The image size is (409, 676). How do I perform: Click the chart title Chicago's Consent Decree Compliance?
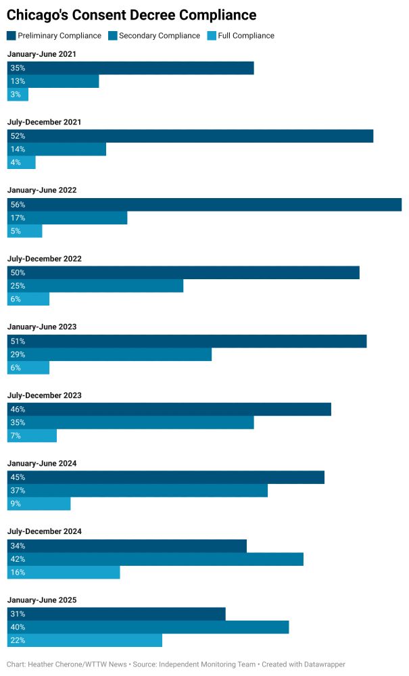point(131,15)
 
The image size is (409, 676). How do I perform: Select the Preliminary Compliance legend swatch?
point(11,36)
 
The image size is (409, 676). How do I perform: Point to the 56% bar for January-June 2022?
point(204,205)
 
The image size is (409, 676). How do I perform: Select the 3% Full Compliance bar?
point(18,95)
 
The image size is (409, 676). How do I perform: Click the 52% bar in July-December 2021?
point(190,136)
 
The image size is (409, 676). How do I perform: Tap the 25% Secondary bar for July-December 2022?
point(95,286)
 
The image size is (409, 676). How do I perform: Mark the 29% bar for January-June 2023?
point(110,354)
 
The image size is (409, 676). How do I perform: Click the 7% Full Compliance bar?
point(32,436)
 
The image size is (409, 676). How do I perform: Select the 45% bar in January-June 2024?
point(166,477)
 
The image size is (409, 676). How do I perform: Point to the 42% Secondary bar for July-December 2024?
point(155,559)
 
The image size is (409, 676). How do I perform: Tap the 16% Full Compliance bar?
point(64,573)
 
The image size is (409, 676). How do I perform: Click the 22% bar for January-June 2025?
point(85,641)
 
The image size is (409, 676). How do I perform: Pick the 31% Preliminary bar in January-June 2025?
point(116,614)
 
